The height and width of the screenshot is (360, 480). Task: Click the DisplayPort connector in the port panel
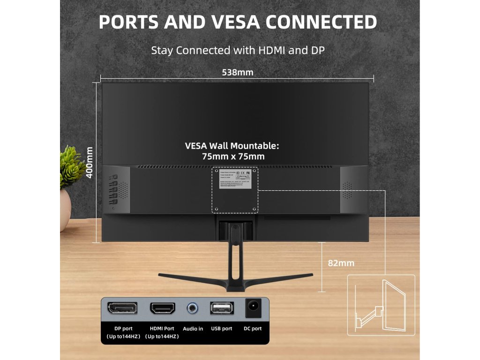tap(122, 308)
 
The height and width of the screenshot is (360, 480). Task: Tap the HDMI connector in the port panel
tap(162, 308)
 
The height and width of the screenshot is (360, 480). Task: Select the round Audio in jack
tap(192, 308)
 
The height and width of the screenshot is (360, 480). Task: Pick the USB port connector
tap(221, 308)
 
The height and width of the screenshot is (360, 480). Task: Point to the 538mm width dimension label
tap(237, 72)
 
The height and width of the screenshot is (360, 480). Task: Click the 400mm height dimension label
tap(90, 162)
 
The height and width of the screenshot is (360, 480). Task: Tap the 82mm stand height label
tap(341, 263)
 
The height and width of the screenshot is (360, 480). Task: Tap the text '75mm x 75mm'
tap(233, 157)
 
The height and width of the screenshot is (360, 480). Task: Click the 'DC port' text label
tap(253, 329)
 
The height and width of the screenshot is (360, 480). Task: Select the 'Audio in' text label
tap(193, 329)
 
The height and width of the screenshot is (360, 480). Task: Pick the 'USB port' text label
tap(221, 329)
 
